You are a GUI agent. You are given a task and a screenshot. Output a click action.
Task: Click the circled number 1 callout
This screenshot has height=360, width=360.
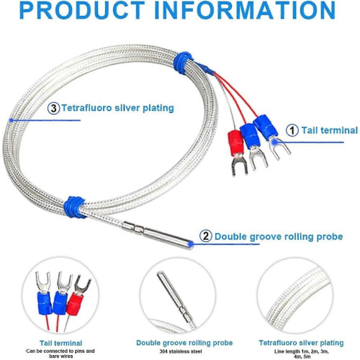click(293, 130)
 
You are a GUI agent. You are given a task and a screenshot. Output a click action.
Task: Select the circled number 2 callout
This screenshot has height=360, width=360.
click(205, 236)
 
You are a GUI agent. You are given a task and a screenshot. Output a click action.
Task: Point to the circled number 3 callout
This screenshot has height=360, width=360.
click(53, 108)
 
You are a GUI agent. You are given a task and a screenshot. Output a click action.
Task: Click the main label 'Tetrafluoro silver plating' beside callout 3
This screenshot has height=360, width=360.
click(117, 108)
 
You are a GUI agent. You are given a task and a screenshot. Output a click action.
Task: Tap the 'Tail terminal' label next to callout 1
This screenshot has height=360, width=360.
click(330, 130)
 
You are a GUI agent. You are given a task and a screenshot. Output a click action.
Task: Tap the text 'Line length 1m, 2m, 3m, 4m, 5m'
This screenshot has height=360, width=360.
click(301, 354)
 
